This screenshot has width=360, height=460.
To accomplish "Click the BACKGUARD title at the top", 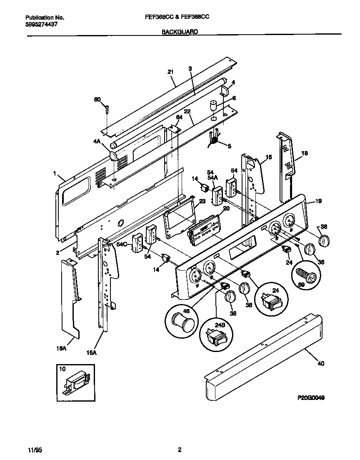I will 180,31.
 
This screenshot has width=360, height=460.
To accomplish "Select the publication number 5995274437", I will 41,25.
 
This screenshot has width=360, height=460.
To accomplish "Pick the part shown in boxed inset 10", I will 76,381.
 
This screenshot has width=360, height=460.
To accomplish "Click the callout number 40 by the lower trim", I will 320,363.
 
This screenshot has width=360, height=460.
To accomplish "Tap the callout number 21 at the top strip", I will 170,72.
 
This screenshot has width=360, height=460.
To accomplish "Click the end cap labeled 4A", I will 113,156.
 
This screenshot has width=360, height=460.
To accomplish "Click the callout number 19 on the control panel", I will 318,201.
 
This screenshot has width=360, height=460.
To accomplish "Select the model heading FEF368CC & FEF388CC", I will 180,18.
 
